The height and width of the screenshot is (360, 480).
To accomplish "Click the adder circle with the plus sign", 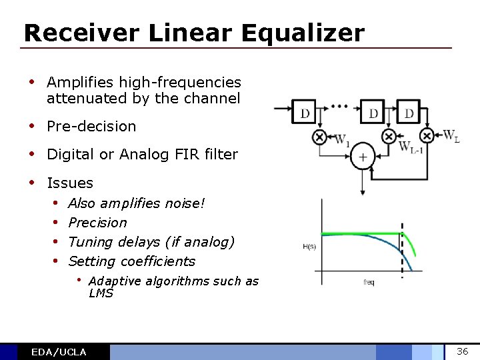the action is tap(363, 157).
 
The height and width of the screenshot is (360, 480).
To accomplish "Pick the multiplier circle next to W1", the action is tap(319, 137).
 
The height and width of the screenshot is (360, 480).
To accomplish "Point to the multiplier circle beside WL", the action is tap(427, 137).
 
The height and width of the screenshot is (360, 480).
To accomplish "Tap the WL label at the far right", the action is tap(451, 137).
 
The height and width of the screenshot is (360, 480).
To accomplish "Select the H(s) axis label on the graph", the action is tap(310, 247).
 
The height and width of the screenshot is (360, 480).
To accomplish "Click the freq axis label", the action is tap(369, 282).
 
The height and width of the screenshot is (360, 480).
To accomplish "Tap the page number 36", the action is tap(463, 351).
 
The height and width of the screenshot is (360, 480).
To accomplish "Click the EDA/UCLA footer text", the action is tap(59, 352).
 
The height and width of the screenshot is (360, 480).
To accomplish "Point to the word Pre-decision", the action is tap(91, 126).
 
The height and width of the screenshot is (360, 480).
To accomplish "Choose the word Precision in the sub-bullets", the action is tap(97, 223).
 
